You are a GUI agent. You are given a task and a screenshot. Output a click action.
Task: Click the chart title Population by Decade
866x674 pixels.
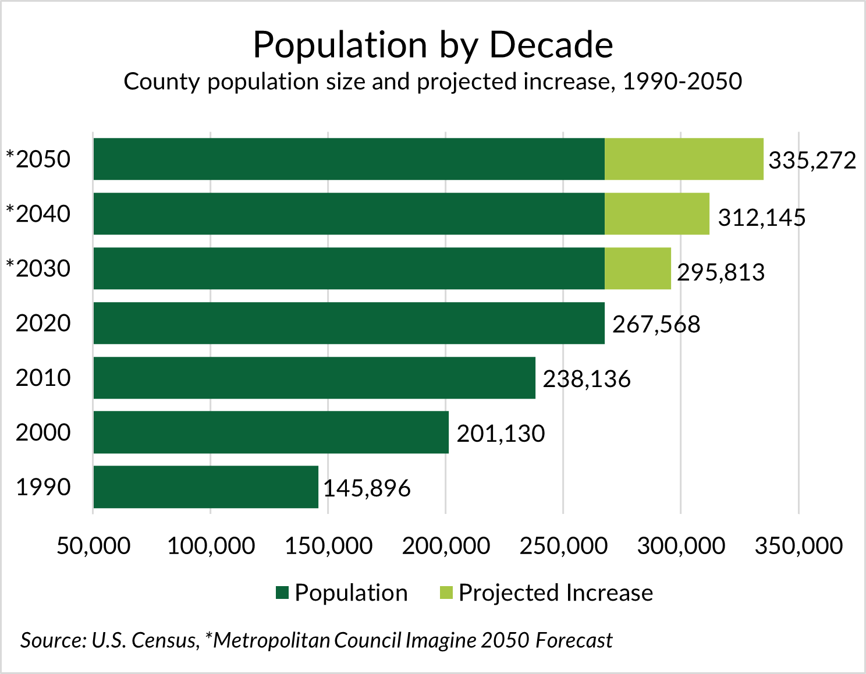coord(433,45)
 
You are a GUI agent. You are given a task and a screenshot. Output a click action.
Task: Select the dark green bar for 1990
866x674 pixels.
coord(205,487)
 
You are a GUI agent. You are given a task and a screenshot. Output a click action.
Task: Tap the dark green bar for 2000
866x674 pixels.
coord(271,432)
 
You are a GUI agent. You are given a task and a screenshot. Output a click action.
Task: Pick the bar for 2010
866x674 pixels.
coord(314,378)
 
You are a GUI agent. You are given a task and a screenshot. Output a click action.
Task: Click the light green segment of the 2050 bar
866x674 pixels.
coord(684,159)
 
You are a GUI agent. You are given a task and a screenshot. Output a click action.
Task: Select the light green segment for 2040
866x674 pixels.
coord(656,214)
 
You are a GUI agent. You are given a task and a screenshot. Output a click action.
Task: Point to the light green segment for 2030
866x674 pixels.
coord(637,268)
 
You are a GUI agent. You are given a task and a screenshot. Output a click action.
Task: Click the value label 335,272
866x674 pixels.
coord(812,161)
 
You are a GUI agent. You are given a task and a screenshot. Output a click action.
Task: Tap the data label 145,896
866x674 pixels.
coord(367,488)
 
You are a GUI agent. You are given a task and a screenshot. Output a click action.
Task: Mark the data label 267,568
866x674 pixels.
coord(656,325)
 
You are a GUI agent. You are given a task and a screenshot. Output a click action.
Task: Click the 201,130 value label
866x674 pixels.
coord(501,434)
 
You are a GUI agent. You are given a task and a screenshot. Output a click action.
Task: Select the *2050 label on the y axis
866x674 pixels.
coord(38,159)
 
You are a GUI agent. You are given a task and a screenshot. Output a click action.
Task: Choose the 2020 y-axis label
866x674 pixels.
coord(43,324)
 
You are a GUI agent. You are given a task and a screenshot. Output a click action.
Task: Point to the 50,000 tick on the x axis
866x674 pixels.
coord(93,546)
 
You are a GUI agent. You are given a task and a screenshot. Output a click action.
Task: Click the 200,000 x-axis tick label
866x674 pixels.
coord(446,546)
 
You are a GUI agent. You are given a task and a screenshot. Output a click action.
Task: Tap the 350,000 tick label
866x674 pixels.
coord(798,546)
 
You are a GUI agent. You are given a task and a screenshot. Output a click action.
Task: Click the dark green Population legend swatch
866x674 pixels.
coord(282,593)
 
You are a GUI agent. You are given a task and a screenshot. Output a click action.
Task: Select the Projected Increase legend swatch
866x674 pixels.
coord(446,593)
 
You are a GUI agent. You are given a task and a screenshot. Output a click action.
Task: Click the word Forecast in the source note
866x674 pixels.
coord(574,640)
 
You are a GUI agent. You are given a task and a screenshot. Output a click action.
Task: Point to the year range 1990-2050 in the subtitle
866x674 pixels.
coord(682,81)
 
